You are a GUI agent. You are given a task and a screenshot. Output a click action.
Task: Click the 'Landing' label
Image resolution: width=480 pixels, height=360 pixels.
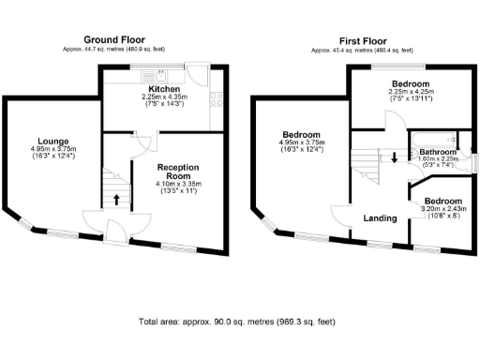379,218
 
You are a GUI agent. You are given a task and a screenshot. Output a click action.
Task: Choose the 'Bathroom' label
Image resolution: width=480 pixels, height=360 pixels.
438,152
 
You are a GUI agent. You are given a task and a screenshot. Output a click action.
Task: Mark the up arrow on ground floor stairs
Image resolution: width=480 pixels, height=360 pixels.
116,198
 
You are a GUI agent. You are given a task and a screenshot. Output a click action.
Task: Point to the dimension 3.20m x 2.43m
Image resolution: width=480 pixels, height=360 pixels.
440,209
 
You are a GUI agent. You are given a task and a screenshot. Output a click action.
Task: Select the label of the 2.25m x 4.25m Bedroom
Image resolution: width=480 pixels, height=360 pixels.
411,84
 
